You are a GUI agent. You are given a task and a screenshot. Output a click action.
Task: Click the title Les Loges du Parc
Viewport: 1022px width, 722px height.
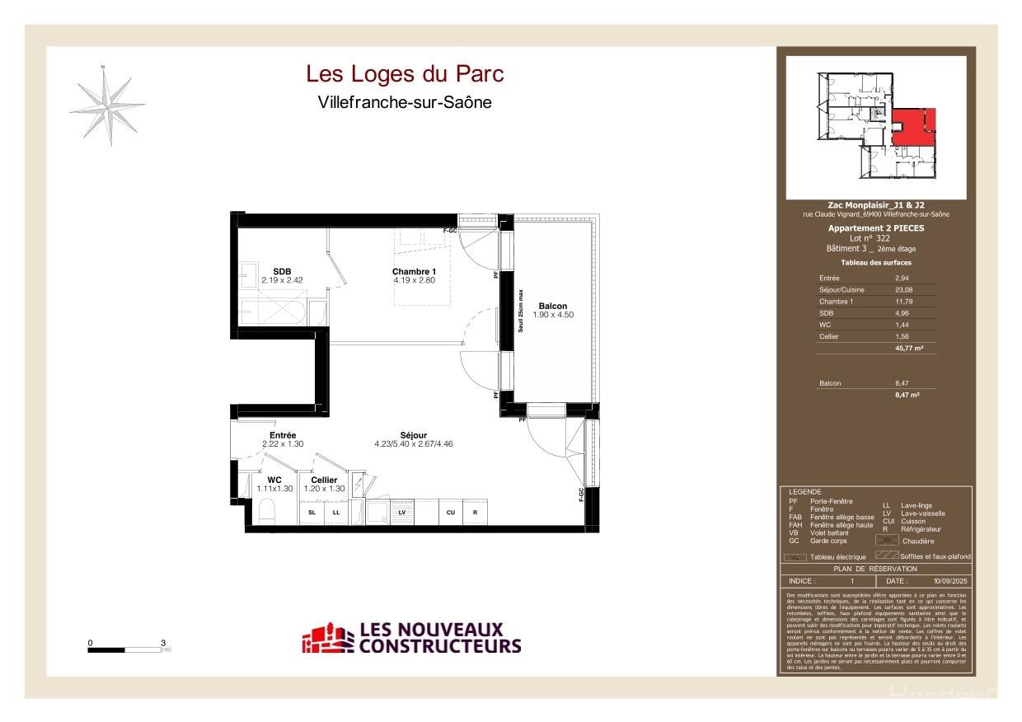coord(405,74)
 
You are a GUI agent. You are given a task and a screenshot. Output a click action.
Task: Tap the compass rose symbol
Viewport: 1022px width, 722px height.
coord(107,105)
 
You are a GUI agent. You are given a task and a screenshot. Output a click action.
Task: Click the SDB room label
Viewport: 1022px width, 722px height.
coord(282,272)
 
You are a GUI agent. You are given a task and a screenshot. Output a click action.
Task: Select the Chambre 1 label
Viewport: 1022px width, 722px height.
coord(414,272)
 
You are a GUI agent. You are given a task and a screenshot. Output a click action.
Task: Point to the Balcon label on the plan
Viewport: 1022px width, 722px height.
coord(552,306)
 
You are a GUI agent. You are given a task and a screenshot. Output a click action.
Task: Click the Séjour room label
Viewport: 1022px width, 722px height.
coord(413,435)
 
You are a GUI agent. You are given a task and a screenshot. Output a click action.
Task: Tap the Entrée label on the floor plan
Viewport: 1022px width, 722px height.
coord(282,435)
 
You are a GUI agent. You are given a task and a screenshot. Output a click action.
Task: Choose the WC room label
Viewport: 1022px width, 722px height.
coord(274,480)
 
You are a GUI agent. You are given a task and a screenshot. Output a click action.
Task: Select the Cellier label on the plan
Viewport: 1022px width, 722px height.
coord(324,480)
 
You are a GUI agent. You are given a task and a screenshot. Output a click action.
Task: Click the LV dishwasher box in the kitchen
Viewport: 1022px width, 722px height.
coord(402,512)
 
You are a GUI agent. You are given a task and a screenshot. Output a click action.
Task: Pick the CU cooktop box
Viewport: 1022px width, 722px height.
coord(451,512)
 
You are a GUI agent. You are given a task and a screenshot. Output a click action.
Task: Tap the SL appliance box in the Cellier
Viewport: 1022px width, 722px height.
coord(312,512)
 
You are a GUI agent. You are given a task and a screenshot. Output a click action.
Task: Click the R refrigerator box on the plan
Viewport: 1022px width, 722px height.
coord(476,512)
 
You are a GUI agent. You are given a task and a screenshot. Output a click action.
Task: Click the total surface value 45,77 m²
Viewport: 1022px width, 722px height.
coord(908,349)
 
